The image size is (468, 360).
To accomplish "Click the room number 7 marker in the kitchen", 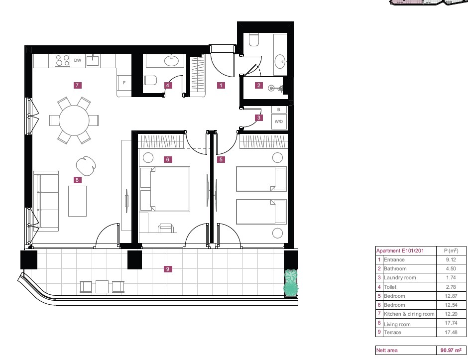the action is pos(77,85).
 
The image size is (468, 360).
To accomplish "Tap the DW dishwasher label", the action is pos(78,60).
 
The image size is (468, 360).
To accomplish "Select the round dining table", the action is pos(74,120).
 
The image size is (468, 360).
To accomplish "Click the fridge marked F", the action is pos(124,83).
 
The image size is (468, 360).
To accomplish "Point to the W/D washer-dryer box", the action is pos(279,121).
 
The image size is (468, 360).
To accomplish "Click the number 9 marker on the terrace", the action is pos(167,269).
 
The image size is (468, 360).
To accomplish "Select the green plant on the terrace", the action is pos(291,283).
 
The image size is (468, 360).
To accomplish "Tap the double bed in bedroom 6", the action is pos(165,189).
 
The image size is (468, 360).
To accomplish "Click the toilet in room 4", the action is pos(150,80).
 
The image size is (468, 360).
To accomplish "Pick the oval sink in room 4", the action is pos(171,61).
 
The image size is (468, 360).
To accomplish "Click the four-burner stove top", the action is pos(63,60).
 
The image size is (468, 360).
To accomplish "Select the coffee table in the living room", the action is pos(77,201).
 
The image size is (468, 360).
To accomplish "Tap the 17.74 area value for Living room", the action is pos(451,323).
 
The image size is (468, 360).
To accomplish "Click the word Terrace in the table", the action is pos(392,332).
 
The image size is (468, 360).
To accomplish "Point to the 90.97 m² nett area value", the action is pos(451,350).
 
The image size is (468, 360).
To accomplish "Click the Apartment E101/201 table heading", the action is pos(400,251).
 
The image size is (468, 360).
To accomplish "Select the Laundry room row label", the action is pos(400,278).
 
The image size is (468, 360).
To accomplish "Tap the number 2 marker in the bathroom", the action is pos(259,85).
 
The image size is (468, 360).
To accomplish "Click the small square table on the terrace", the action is pos(102,287).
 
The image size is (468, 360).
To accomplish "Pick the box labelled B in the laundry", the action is pos(279,110).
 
